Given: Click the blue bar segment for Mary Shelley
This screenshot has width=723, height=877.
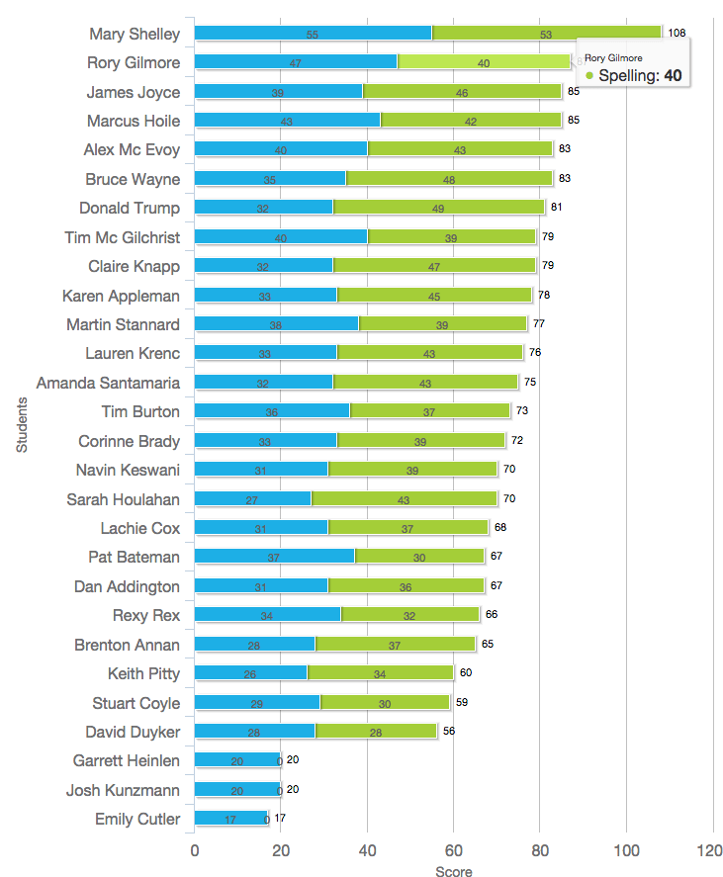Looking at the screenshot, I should (x=313, y=33).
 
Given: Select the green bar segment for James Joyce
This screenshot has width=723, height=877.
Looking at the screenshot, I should (x=462, y=92).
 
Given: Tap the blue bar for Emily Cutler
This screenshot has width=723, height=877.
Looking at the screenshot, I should (x=230, y=818).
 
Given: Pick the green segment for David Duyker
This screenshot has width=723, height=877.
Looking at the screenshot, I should (x=376, y=731).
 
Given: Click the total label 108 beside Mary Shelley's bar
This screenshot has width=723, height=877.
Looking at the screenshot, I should (x=677, y=34).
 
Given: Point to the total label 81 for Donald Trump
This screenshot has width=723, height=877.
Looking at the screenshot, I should (x=556, y=208).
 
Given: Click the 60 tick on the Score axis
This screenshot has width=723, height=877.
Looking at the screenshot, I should (x=453, y=849).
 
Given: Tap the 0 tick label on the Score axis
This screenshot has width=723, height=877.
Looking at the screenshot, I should (x=195, y=849).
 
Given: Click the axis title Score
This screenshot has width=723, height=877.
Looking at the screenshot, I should (x=453, y=871).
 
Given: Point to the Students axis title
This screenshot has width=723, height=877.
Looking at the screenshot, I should (x=22, y=424).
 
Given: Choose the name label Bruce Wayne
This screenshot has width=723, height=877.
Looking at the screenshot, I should (x=133, y=179).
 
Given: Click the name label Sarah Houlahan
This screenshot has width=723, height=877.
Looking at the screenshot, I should (x=123, y=499).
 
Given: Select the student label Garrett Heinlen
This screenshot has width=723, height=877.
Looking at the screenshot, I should (x=127, y=760).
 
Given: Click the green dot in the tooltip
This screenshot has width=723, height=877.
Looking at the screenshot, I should (x=589, y=76).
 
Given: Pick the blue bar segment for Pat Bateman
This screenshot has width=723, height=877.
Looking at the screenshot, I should (x=274, y=557).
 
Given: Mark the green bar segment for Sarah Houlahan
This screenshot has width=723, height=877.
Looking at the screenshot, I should (x=404, y=499).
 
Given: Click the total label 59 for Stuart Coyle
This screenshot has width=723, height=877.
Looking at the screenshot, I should (x=461, y=703).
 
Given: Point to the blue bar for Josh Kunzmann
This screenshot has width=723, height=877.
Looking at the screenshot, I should (x=237, y=789).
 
